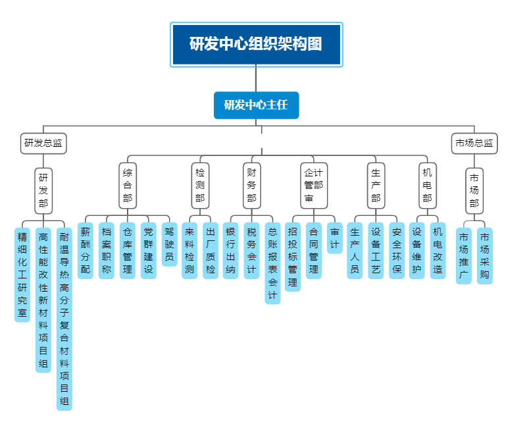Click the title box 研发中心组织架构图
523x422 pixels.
(x=256, y=44)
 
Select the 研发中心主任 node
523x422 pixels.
(x=256, y=105)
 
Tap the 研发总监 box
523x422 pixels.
(x=43, y=143)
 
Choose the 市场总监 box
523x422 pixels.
(x=474, y=143)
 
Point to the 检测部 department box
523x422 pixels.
(x=200, y=185)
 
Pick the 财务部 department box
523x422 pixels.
(x=251, y=185)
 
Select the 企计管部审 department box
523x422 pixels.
(x=314, y=186)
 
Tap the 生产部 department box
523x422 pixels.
(x=376, y=185)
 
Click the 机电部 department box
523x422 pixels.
(x=428, y=185)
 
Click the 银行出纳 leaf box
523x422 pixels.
(x=230, y=251)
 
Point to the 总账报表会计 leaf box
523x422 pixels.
(x=272, y=263)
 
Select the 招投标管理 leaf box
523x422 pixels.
(x=293, y=257)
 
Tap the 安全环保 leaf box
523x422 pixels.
(x=397, y=251)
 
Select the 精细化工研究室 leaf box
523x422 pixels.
(x=22, y=274)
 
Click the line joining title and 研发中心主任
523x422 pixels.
(x=256, y=79)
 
